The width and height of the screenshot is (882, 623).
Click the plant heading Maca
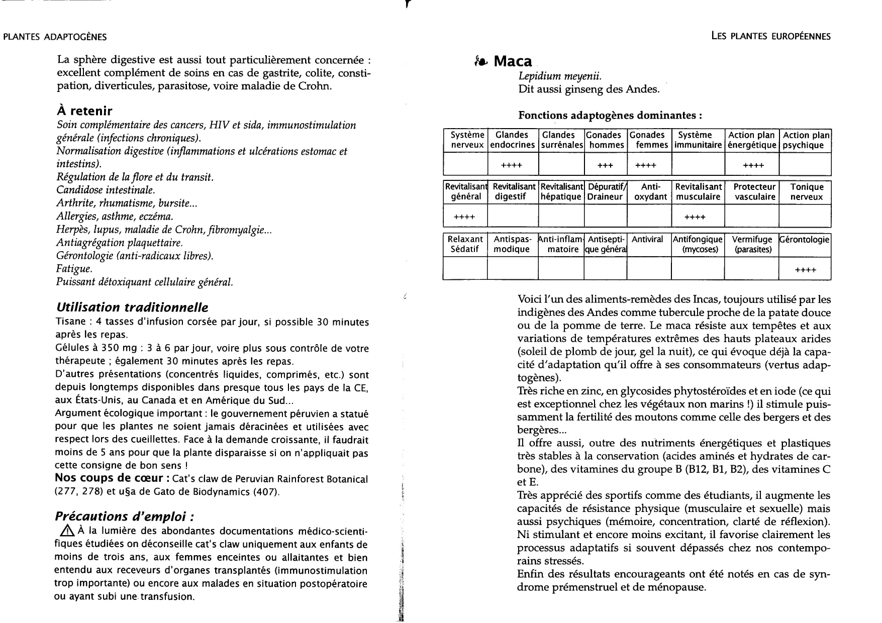coord(512,61)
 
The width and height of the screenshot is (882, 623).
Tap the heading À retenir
coord(84,111)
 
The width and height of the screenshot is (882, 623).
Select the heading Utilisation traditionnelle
coord(132,307)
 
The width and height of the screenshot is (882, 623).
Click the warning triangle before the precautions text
coord(66,532)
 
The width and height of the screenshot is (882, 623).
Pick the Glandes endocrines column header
coord(512,140)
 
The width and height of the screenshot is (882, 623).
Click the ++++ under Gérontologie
coord(805,270)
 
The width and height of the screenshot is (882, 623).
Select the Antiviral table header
coord(647,240)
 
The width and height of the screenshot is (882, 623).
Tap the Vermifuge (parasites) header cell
coord(752,244)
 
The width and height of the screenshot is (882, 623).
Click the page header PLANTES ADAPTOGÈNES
coord(55,37)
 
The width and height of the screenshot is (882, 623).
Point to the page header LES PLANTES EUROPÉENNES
coord(771,36)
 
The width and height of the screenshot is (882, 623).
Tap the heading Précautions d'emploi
coord(124,516)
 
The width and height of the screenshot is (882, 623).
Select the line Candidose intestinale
coord(106,190)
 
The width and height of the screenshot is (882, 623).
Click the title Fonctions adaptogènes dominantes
coord(610,115)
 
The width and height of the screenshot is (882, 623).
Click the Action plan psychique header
coord(806,140)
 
